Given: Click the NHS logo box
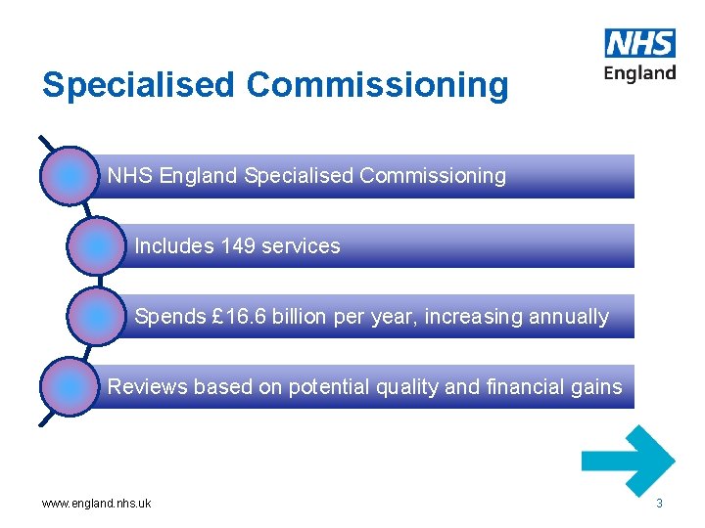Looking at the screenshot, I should click(640, 43).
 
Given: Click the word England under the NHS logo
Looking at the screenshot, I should click(640, 73).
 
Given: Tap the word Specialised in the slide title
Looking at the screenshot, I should click(139, 85).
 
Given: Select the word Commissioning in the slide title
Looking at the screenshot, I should click(378, 85).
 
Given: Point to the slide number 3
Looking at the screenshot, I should click(659, 504).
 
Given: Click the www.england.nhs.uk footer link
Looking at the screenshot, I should click(96, 505).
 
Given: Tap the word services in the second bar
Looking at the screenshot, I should click(301, 246).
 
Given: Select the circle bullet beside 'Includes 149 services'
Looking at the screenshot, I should click(99, 246).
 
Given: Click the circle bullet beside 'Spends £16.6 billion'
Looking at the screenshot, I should click(99, 317).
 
